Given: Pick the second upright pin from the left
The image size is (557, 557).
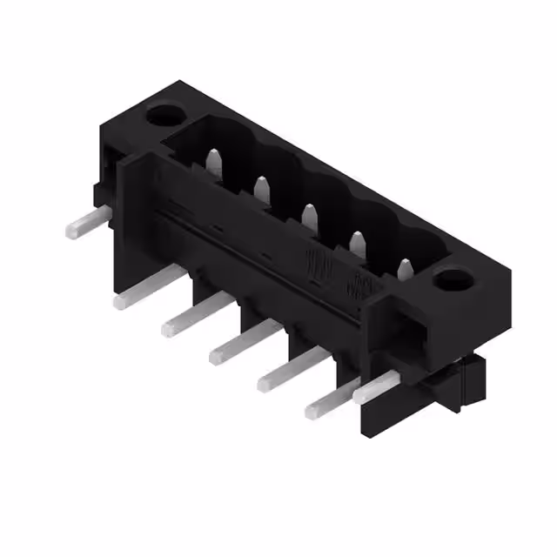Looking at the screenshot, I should [x=260, y=186].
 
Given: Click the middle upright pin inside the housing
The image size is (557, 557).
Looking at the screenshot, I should [x=308, y=214].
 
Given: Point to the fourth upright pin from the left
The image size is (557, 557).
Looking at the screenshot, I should [x=356, y=241].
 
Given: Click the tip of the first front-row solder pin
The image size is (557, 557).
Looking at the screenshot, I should [x=119, y=301].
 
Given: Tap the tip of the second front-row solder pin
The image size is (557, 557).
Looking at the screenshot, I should [x=168, y=328].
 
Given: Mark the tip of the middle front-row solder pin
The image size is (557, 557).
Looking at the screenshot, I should [x=216, y=355].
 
